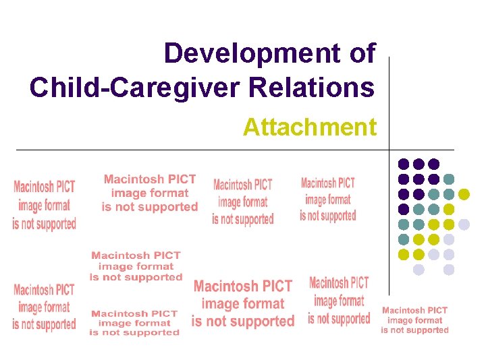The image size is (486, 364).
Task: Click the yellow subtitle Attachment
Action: point(310,127)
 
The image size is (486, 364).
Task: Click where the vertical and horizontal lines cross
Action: point(389,149)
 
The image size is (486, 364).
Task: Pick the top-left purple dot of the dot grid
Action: point(404,164)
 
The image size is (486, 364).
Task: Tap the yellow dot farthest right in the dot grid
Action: point(464,194)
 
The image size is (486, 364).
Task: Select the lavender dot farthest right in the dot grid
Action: point(464,224)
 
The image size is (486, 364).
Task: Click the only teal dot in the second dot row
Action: point(449,179)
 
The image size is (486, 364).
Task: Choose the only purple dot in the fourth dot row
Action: point(404,209)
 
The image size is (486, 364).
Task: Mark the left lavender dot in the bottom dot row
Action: point(418,270)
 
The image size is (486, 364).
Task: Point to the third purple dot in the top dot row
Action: point(434,164)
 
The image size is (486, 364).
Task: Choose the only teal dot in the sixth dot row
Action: point(404,239)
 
